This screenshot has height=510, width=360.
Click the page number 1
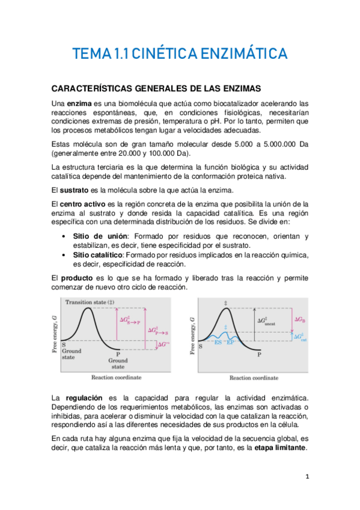click(307, 477)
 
